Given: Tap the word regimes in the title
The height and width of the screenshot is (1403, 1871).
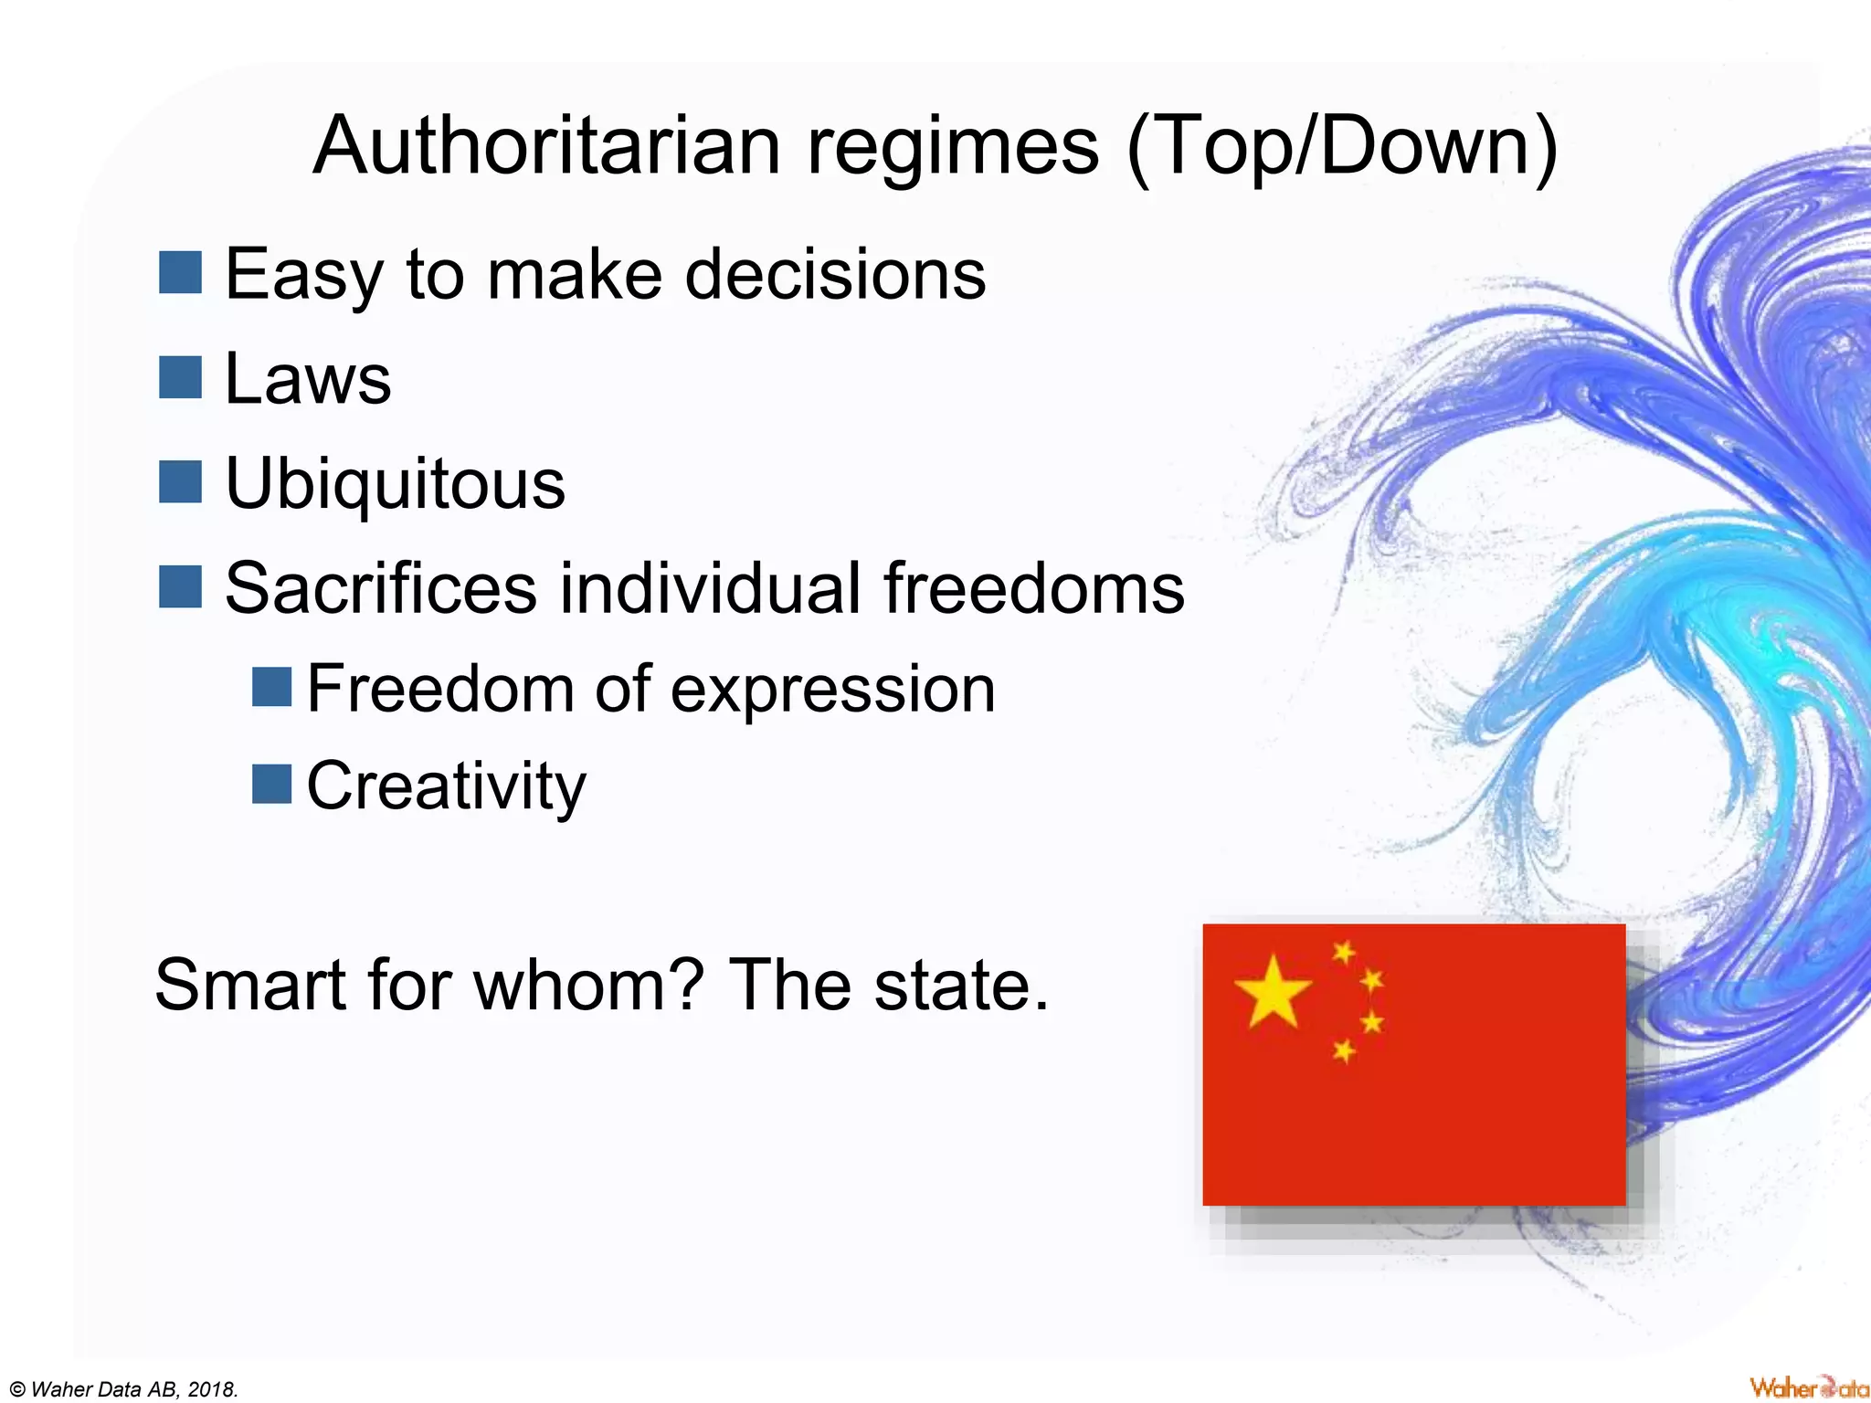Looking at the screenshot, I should pos(953,149).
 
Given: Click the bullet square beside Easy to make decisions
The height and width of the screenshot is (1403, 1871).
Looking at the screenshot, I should pos(180,273).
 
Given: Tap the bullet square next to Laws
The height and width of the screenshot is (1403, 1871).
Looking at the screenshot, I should pos(180,377).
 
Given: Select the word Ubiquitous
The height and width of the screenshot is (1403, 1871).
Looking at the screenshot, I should pos(395,485).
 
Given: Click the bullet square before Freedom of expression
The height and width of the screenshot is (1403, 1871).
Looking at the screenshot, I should pos(271,687).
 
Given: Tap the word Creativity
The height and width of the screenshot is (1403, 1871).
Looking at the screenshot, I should pos(446,786).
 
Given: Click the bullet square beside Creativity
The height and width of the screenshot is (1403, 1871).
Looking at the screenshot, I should pos(271,785).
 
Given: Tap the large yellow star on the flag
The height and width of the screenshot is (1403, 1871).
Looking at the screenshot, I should pos(1272,992).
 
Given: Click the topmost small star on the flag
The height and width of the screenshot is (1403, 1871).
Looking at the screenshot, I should pos(1344,953).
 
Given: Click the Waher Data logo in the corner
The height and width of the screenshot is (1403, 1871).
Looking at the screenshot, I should pos(1807,1387).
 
